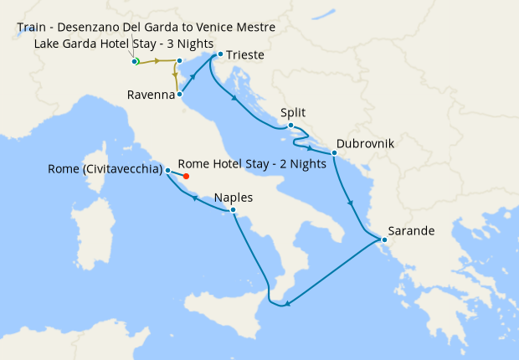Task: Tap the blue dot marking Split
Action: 290,126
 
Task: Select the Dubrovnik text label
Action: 365,143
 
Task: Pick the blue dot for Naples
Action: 234,211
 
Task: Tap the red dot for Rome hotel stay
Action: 186,177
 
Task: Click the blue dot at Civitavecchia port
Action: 168,171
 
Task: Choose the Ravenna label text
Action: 151,95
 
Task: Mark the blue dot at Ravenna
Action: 180,95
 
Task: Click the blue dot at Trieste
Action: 219,55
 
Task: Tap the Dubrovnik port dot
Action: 334,153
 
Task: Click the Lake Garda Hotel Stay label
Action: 124,44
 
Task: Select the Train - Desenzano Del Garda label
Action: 146,28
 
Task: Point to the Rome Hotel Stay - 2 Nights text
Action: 252,164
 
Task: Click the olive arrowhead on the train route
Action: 157,62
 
